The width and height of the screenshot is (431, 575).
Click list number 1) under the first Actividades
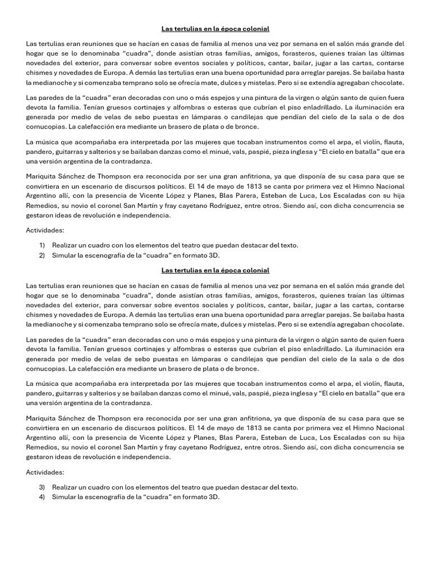click(42, 245)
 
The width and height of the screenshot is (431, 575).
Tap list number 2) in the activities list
click(42, 254)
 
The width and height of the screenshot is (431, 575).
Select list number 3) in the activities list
click(42, 487)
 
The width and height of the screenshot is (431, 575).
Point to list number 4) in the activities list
click(42, 496)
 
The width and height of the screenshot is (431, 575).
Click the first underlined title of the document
click(215, 28)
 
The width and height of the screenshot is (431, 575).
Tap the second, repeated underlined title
click(215, 270)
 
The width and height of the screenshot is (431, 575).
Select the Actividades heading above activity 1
click(45, 230)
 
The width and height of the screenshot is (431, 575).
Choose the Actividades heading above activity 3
click(45, 472)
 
